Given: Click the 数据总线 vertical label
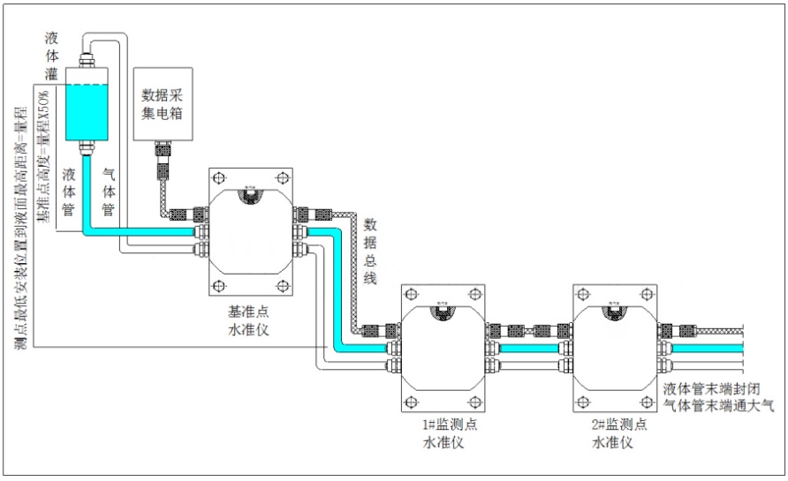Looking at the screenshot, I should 371,249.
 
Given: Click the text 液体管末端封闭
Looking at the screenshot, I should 711,388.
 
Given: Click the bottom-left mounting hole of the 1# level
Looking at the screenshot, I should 409,404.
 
